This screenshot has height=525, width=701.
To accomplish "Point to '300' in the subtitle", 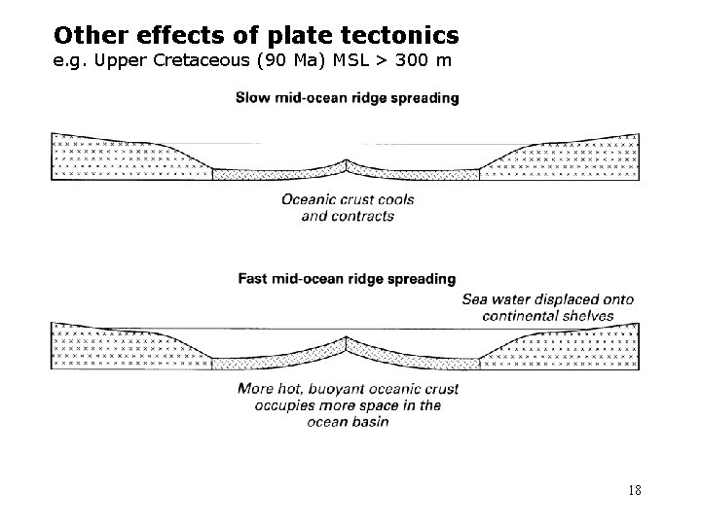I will pyautogui.click(x=404, y=64).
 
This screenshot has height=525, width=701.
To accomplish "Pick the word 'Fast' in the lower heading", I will pyautogui.click(x=254, y=279).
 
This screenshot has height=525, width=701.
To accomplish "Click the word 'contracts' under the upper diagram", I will pyautogui.click(x=361, y=216).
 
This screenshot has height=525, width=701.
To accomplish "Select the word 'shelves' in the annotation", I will pyautogui.click(x=589, y=315).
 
